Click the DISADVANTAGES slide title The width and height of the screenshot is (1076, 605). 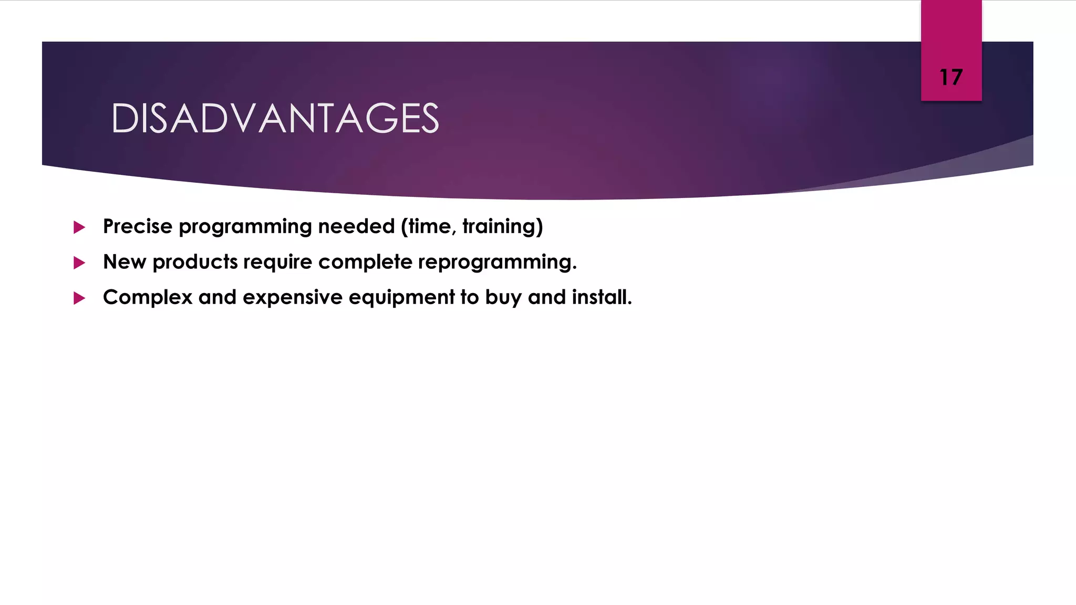(275, 118)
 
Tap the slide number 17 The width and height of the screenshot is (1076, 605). (951, 77)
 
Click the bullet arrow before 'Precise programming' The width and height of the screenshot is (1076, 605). (79, 227)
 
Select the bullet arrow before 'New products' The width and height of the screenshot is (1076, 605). (79, 263)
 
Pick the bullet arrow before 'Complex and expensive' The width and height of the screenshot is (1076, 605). (79, 298)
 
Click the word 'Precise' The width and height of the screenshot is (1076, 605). (138, 226)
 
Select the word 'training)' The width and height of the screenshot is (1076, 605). (502, 226)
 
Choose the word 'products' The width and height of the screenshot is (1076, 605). (195, 262)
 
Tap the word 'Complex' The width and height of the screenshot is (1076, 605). (148, 297)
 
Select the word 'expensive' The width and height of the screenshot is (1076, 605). (293, 297)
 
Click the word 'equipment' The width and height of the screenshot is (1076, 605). (402, 297)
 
